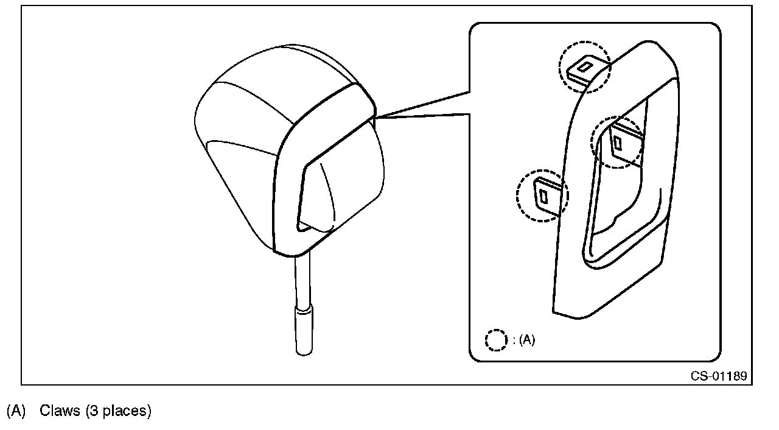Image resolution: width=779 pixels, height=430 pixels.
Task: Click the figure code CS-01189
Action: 718,376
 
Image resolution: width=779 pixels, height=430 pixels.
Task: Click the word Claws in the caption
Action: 60,411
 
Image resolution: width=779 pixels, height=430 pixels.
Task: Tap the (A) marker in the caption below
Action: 16,411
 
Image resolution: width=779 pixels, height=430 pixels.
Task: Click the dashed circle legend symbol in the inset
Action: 496,340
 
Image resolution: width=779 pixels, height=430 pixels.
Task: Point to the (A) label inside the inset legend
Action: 527,340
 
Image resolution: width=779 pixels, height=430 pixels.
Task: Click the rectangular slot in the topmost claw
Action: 585,66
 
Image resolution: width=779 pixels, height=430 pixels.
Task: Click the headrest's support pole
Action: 302,280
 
